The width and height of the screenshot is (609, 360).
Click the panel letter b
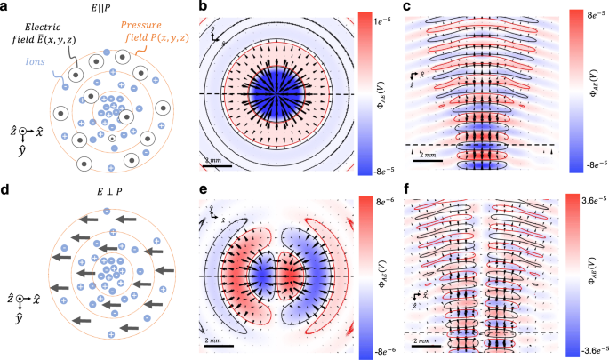[x=204, y=9]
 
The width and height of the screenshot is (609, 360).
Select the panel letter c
[x=405, y=9]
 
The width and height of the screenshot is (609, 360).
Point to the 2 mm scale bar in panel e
[x=216, y=343]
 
